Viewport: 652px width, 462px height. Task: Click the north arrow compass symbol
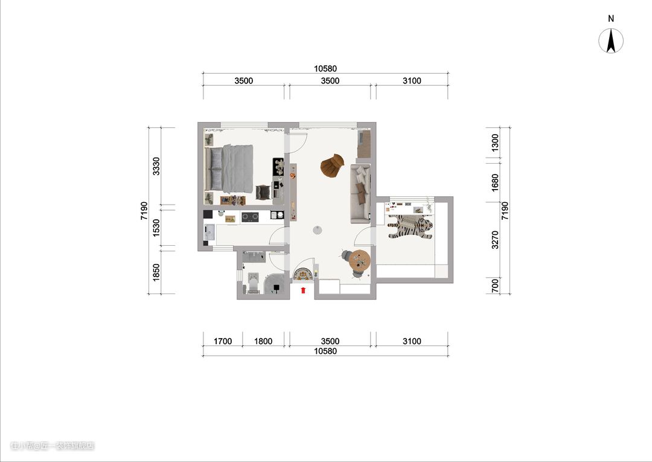(x=611, y=41)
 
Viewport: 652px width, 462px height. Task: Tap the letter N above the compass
(x=611, y=19)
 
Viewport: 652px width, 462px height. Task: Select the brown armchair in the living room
(x=332, y=166)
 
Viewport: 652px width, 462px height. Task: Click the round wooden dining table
(x=360, y=260)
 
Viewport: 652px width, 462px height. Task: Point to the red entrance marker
(x=304, y=289)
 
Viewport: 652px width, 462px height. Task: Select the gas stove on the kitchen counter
(x=250, y=216)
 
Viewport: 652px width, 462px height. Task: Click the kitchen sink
(x=209, y=233)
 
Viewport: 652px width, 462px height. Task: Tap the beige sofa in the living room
(x=360, y=193)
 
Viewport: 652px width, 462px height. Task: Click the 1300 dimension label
(x=495, y=143)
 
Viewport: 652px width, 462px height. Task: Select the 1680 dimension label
(x=495, y=182)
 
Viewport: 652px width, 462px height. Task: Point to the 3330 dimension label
(x=156, y=166)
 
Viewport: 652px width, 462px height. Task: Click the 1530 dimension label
(x=156, y=228)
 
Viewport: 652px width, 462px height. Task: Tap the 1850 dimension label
(x=156, y=272)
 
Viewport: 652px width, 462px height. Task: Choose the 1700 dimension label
(x=223, y=341)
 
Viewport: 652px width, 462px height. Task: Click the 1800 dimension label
(x=263, y=341)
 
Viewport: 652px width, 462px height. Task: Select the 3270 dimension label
(x=495, y=240)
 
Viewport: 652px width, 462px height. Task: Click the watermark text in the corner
(x=53, y=446)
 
